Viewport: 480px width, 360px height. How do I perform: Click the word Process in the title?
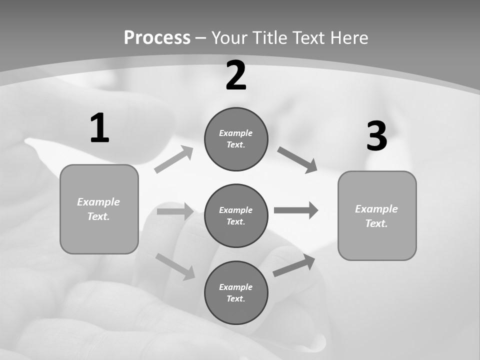pyautogui.click(x=157, y=37)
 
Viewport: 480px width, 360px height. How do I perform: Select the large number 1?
pyautogui.click(x=99, y=128)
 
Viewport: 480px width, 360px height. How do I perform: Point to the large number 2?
pyautogui.click(x=236, y=75)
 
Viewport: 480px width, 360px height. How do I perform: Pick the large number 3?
pyautogui.click(x=376, y=136)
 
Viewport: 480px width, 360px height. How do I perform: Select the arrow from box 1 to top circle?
pyautogui.click(x=173, y=159)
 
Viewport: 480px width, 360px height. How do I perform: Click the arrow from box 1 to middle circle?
pyautogui.click(x=175, y=211)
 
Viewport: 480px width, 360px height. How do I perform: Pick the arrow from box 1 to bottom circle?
pyautogui.click(x=175, y=266)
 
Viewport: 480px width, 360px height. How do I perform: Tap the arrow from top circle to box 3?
pyautogui.click(x=297, y=159)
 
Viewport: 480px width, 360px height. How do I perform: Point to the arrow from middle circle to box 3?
pyautogui.click(x=296, y=210)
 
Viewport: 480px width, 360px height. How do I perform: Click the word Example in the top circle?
pyautogui.click(x=235, y=133)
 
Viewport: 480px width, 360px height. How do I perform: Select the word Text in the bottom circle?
pyautogui.click(x=235, y=298)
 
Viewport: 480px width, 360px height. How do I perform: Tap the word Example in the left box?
pyautogui.click(x=98, y=202)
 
